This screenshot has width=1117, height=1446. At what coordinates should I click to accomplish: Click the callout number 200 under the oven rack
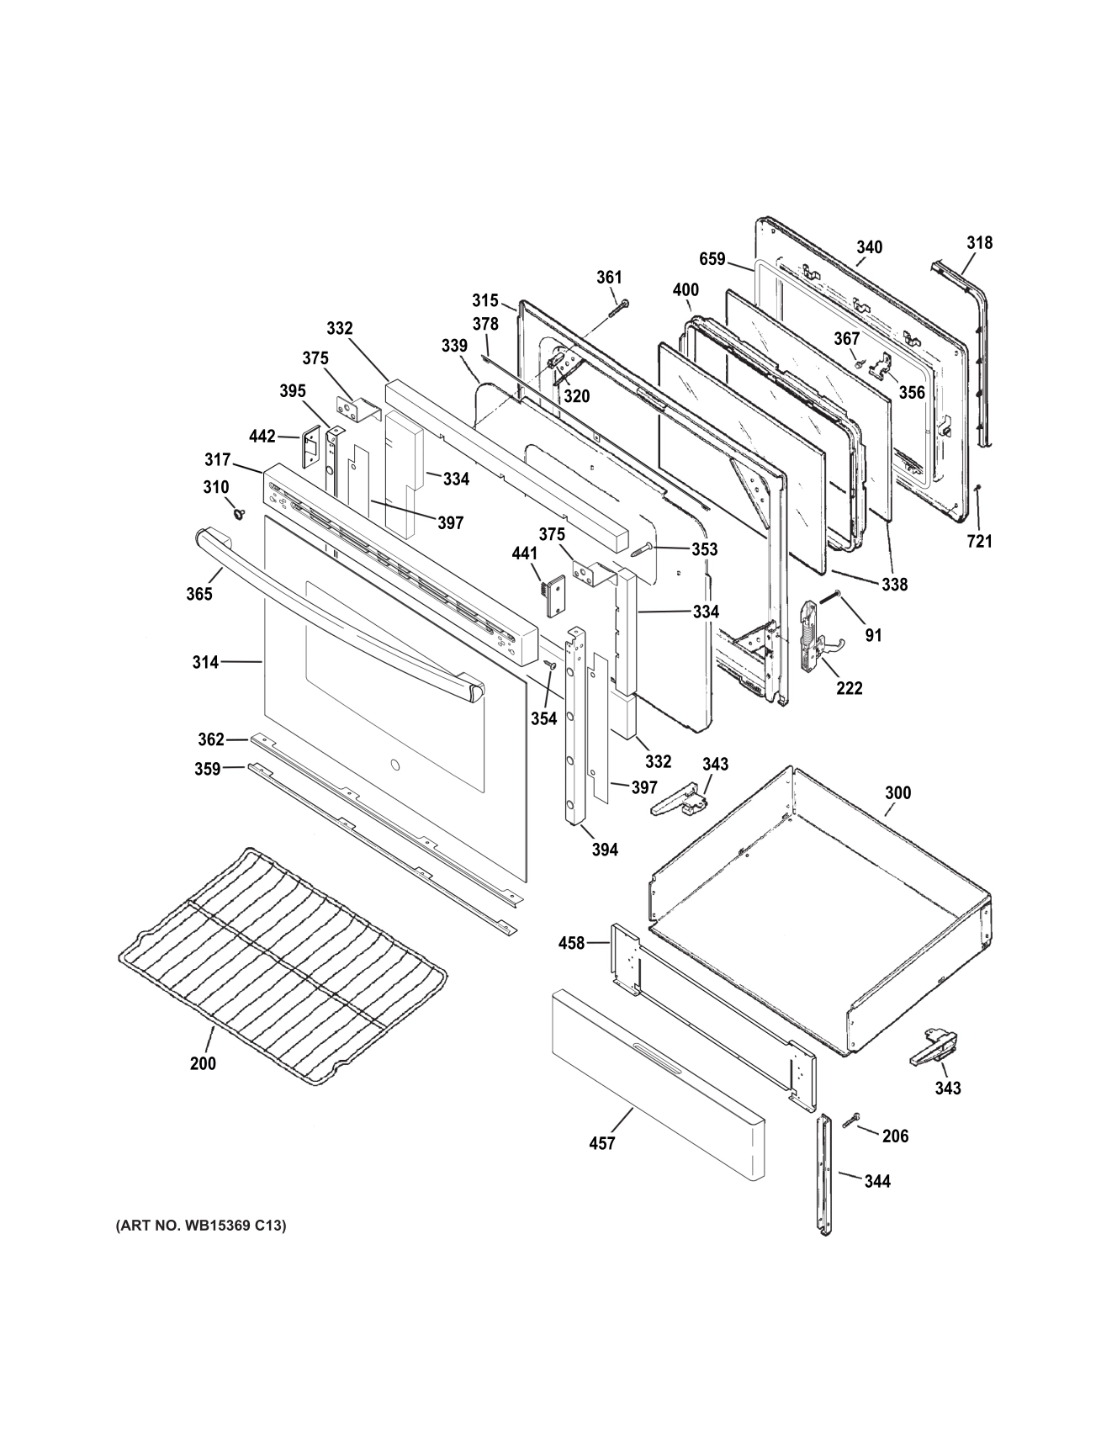202,1063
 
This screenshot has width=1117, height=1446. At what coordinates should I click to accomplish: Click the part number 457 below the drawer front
602,1143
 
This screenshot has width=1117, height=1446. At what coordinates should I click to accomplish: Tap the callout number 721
979,542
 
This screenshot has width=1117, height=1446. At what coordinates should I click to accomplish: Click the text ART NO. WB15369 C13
201,1226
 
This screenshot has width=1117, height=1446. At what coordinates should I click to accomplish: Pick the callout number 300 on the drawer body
897,792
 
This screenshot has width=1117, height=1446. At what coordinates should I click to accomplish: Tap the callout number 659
712,259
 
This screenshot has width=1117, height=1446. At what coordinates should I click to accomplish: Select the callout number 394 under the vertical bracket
605,850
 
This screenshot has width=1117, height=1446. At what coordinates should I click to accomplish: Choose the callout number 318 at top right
979,243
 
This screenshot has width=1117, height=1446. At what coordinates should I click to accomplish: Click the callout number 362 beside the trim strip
210,739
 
